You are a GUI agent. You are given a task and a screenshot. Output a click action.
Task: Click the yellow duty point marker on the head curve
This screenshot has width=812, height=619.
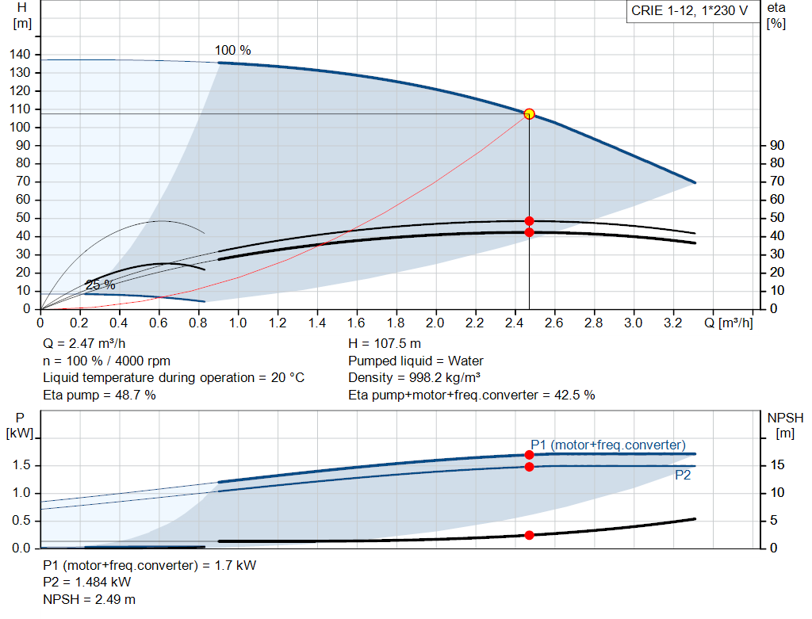529,114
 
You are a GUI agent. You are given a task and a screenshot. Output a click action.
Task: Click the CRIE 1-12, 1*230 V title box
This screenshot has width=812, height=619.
688,12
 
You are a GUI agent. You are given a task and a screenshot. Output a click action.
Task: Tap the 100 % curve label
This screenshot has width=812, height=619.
232,51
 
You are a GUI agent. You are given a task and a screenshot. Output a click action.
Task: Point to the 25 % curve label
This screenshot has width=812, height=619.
101,285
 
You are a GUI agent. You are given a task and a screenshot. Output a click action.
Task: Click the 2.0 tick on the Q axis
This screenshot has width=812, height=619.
435,323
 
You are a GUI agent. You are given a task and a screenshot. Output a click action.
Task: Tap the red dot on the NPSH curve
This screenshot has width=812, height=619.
529,535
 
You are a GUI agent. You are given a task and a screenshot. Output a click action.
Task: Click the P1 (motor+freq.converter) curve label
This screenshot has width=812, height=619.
607,445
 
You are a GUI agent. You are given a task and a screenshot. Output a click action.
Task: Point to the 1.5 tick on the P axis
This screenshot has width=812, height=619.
21,465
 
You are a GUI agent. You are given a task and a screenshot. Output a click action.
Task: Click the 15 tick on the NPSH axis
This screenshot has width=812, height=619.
778,465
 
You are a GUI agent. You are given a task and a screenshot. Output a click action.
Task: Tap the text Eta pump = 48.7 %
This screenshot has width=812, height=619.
99,395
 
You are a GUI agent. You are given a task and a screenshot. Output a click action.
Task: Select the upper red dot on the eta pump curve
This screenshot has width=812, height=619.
529,221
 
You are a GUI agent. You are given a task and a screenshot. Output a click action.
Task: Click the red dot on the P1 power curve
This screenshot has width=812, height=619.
529,455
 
